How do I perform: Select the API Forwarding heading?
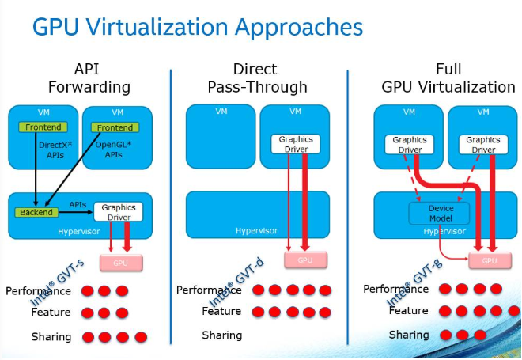point(89,78)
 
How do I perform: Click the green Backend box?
point(36,212)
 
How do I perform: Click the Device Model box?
point(438,213)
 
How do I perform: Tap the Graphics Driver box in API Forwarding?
point(119,211)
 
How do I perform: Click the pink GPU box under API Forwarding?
point(120,261)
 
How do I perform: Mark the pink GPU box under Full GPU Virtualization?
point(489,260)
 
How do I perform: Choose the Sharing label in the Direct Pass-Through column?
point(222,335)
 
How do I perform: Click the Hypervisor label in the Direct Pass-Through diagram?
point(257,231)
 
